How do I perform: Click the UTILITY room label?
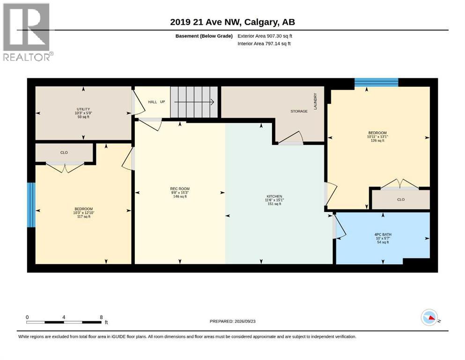[x=83, y=109]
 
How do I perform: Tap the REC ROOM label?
[x=180, y=189]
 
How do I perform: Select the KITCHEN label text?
[x=274, y=196]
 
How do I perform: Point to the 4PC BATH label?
[x=383, y=234]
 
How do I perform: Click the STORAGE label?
[x=299, y=111]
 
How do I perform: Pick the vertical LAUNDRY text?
[x=315, y=101]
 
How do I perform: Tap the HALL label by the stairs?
[x=153, y=102]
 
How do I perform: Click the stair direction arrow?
[x=194, y=102]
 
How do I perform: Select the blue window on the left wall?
[x=31, y=205]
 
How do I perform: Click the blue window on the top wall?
[x=376, y=82]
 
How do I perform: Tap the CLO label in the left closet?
[x=64, y=152]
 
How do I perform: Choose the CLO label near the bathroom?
[x=401, y=200]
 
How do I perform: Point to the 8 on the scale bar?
[x=102, y=317]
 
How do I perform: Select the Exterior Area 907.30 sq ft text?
[x=265, y=36]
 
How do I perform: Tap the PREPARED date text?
[x=232, y=321]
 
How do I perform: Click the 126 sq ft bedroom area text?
[x=377, y=141]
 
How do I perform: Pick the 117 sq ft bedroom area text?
[x=84, y=217]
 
